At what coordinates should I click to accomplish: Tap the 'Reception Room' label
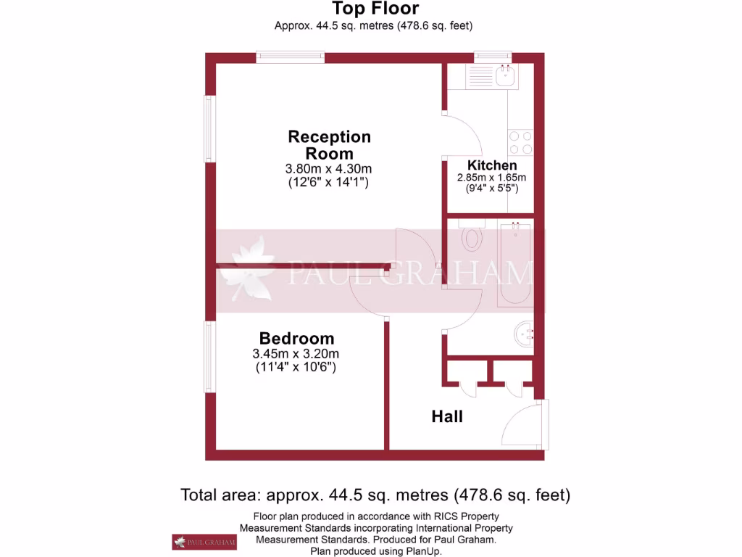pyautogui.click(x=329, y=145)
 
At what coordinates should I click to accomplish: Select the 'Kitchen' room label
pyautogui.click(x=491, y=165)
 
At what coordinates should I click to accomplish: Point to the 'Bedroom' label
pyautogui.click(x=296, y=339)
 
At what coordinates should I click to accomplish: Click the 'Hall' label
pyautogui.click(x=446, y=417)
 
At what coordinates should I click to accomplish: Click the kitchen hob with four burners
pyautogui.click(x=521, y=141)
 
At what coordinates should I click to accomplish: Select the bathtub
pyautogui.click(x=514, y=265)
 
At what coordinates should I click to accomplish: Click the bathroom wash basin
pyautogui.click(x=524, y=333)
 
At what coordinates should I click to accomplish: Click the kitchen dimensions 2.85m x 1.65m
pyautogui.click(x=491, y=178)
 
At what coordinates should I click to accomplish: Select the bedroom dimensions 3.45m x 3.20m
pyautogui.click(x=296, y=354)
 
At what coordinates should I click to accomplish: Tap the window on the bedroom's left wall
pyautogui.click(x=209, y=356)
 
